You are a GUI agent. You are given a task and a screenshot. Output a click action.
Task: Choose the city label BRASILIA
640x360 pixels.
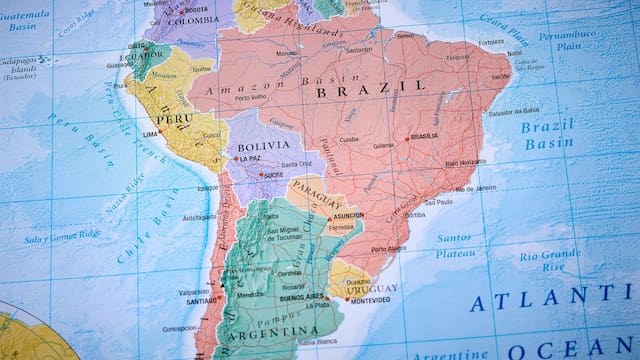(425, 136)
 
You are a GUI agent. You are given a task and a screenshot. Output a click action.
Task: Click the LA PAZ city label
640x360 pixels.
(250, 159)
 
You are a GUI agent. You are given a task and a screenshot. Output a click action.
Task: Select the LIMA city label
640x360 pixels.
(152, 133)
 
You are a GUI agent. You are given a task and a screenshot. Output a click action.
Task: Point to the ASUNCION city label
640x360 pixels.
(347, 215)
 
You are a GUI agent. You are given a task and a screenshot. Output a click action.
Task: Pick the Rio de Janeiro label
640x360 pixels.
(473, 188)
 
